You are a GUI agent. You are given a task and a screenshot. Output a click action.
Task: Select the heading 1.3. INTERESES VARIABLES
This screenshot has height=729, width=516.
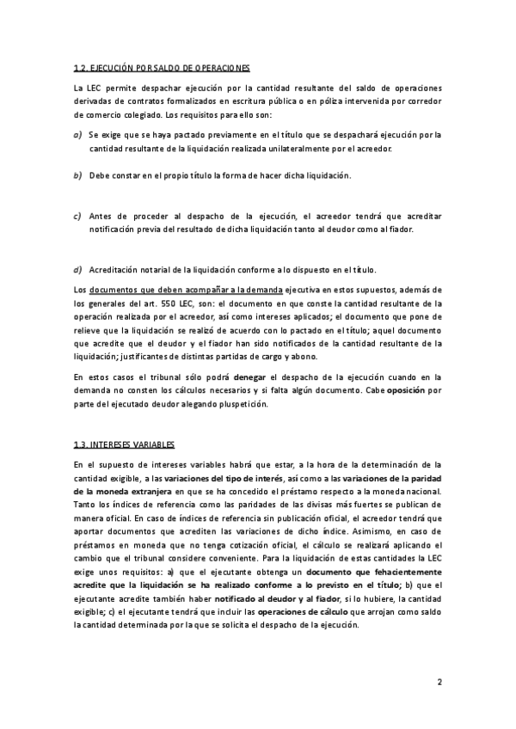click(x=124, y=444)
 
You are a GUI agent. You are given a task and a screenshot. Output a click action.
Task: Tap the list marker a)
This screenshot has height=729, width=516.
click(x=77, y=135)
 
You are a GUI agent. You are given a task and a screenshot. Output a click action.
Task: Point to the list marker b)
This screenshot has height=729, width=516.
click(x=77, y=175)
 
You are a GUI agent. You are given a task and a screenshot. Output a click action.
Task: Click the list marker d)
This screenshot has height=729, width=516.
click(x=77, y=270)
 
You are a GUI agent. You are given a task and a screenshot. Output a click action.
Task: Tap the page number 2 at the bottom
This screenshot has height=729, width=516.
click(x=439, y=683)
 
